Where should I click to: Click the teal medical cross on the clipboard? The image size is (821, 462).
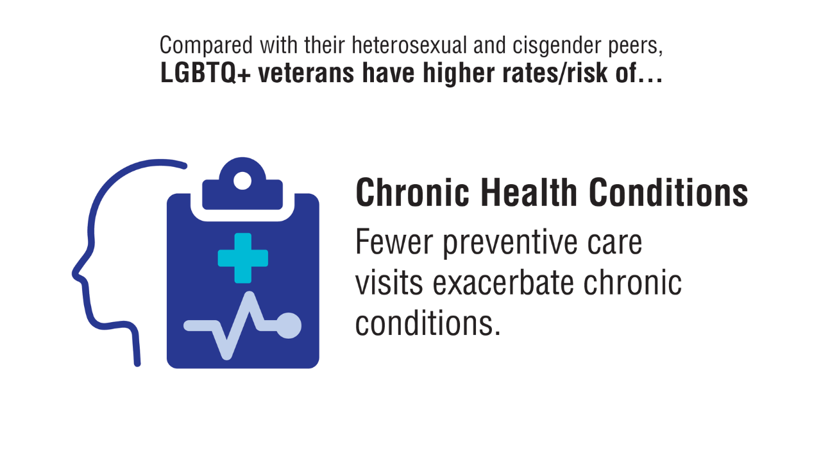242,258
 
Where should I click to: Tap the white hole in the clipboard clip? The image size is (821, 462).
242,181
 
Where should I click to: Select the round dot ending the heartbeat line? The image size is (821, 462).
289,325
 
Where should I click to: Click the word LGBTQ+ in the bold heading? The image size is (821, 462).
206,73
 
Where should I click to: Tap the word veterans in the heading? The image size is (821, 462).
307,73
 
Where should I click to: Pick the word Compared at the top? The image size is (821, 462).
206,46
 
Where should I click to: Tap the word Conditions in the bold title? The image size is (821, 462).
668,192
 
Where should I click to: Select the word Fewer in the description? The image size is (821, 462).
394,241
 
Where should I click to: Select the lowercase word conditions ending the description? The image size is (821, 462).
428,323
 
